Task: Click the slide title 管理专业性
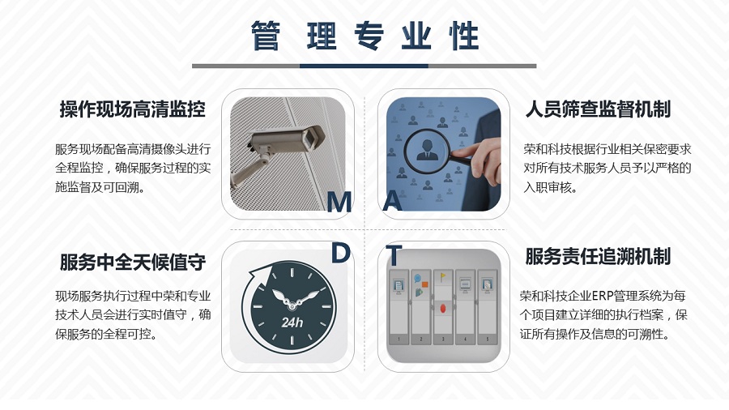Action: coord(365,36)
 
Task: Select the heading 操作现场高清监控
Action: coord(133,109)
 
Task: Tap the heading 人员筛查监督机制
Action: coord(598,109)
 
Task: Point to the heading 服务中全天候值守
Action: coord(133,263)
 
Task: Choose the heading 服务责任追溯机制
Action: coord(598,256)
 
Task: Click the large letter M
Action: coord(339,202)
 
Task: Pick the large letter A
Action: coord(392,202)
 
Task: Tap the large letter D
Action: coord(340,254)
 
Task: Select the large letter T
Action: coord(394,255)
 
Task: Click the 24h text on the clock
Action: coord(292,322)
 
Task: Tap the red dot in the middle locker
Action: coord(442,308)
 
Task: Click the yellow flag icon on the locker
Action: coord(442,277)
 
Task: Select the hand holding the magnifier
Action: coord(479,160)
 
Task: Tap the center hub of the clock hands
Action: coord(292,305)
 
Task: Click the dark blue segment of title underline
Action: coord(364,66)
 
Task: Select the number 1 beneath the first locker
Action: coord(399,340)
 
